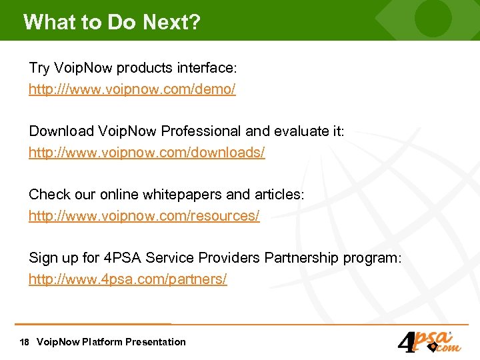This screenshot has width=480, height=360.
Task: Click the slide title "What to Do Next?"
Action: [111, 21]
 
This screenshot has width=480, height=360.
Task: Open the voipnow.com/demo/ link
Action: [132, 89]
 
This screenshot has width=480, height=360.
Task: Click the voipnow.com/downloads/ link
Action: [147, 153]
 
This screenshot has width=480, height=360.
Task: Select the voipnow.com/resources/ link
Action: [144, 216]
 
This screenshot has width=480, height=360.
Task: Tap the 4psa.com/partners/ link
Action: [128, 279]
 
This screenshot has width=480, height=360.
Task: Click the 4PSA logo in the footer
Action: [427, 341]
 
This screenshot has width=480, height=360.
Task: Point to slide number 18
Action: [25, 342]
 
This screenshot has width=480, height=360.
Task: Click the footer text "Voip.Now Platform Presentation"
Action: [111, 342]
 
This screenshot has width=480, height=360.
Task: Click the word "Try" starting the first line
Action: [39, 68]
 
